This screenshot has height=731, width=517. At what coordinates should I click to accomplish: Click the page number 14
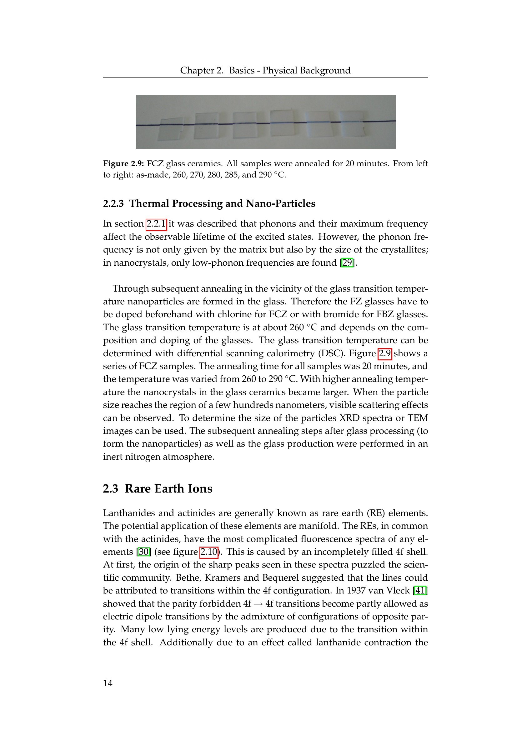108,683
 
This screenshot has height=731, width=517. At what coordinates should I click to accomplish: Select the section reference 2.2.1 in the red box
156,224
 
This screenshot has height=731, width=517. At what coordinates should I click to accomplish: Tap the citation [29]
347,263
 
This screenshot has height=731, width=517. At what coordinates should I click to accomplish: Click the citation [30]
143,552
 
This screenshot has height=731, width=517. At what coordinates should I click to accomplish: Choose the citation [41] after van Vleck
420,591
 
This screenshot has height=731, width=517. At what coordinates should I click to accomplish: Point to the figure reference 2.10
208,552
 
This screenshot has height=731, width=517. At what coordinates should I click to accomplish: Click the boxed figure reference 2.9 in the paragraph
384,353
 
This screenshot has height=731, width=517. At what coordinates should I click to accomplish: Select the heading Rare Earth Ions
168,489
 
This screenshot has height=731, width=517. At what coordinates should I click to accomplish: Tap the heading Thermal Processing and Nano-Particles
222,203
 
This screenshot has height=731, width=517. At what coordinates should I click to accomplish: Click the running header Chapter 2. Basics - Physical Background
265,70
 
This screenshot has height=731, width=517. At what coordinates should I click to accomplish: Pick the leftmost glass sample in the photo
170,129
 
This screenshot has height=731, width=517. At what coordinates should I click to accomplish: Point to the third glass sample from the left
244,125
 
